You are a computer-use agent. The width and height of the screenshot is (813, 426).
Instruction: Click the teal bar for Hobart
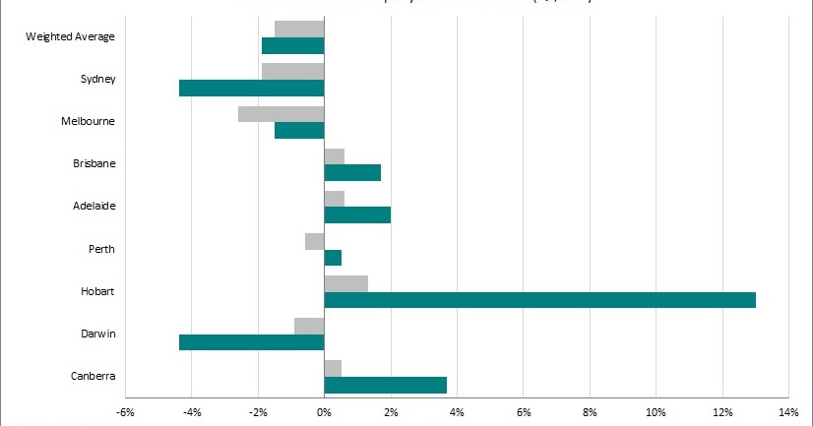(x=539, y=300)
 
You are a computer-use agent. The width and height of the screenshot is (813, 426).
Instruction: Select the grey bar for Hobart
(x=345, y=283)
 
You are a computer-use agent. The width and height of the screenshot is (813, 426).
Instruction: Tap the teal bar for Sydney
(x=251, y=88)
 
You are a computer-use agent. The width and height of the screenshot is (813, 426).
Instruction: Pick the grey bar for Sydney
(x=292, y=71)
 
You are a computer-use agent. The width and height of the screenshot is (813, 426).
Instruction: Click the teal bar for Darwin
(x=251, y=342)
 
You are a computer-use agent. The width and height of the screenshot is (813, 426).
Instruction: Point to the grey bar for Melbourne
(x=281, y=114)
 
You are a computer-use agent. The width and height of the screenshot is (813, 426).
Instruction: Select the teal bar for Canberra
(x=385, y=385)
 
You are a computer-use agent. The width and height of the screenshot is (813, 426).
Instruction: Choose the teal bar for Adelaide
(x=357, y=215)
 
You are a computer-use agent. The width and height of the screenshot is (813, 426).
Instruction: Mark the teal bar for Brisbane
(x=352, y=173)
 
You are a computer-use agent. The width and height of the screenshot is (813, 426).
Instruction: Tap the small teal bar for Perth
(x=333, y=258)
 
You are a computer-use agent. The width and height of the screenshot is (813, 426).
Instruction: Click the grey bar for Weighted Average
(x=299, y=29)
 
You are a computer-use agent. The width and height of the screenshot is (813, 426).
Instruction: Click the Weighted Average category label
(x=70, y=37)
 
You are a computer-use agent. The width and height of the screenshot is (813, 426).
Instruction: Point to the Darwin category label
(x=97, y=335)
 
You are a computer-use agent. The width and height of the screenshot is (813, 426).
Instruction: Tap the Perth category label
(x=100, y=250)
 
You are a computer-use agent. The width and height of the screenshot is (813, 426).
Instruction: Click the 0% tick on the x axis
(x=324, y=411)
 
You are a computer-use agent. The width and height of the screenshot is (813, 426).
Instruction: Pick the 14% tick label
(x=788, y=411)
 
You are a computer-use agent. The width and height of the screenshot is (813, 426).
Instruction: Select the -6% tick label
(x=125, y=411)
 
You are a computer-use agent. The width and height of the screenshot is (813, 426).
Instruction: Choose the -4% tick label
(x=191, y=411)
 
